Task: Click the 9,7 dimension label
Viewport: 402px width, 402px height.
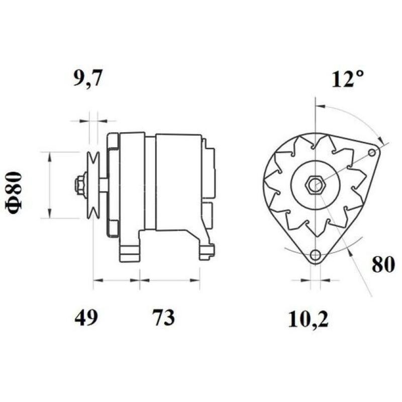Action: tap(88, 79)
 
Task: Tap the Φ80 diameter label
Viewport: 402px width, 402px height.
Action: tap(15, 193)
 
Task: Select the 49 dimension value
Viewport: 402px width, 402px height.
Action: tap(85, 318)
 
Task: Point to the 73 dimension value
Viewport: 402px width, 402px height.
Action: tap(163, 318)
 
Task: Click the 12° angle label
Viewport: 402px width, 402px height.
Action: tap(347, 79)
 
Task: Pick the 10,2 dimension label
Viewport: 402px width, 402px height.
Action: tap(308, 320)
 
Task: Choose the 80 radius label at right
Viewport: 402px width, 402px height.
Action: tap(383, 264)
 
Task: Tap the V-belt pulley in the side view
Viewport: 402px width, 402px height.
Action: tap(93, 185)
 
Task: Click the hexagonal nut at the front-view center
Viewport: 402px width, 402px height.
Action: tap(315, 185)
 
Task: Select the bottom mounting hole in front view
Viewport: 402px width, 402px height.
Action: tap(315, 255)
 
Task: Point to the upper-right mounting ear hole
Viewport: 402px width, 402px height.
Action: tap(372, 152)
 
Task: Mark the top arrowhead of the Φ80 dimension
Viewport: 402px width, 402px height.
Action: tap(49, 156)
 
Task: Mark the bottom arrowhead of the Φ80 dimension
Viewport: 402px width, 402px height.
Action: tap(49, 215)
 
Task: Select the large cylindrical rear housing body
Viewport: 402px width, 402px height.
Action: tap(178, 182)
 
